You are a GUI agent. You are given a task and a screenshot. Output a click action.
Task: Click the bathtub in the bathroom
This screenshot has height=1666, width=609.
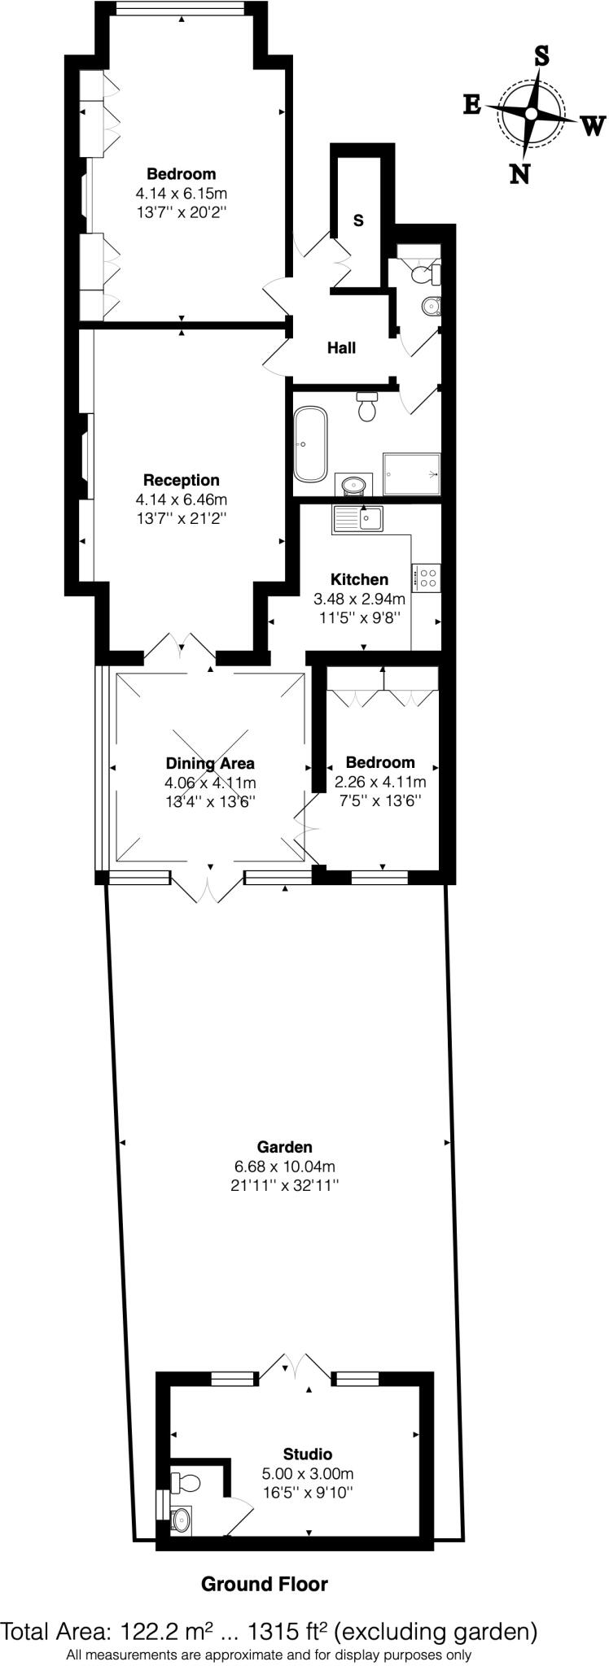pos(311,444)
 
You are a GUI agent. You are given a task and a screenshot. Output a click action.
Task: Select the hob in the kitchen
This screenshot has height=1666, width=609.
pos(427,578)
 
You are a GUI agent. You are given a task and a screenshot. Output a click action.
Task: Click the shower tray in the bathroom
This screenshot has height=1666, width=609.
pos(412,473)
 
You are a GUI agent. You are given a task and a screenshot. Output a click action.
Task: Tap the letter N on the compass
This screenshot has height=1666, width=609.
pos(519,172)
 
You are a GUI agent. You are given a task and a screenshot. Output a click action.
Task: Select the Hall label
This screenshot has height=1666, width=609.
pos(341,348)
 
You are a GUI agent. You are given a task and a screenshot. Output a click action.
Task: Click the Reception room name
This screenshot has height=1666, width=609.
pos(181,480)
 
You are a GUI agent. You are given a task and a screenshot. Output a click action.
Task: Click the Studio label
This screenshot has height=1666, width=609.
pos(307,1454)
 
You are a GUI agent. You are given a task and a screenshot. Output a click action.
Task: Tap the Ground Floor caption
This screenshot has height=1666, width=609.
pos(264,1584)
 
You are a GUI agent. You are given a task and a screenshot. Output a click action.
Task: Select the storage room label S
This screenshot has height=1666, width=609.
pos(358,220)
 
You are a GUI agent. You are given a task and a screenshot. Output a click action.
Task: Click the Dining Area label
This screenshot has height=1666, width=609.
pos(210,763)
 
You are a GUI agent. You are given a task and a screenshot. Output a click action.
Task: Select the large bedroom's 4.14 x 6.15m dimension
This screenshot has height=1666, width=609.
pos(181,194)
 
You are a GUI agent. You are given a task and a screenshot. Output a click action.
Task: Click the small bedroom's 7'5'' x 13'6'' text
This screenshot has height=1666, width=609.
pos(380,800)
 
